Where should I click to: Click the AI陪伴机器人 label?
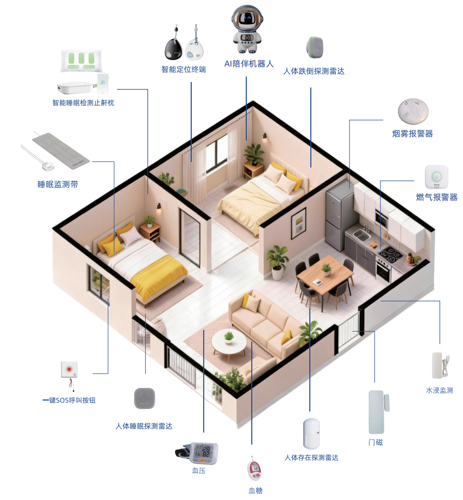click(249, 64)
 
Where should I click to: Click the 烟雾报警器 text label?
click(412, 133)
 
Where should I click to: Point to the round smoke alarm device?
click(413, 111)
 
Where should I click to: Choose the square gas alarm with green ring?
click(436, 177)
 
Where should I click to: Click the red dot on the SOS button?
click(69, 369)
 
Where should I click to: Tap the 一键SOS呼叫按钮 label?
click(69, 400)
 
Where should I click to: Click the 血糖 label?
click(255, 490)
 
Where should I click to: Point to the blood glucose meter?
click(255, 469)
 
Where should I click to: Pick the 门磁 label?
click(375, 442)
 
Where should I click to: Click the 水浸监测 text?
click(439, 390)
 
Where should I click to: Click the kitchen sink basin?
click(362, 235)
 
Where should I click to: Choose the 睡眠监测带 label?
click(58, 184)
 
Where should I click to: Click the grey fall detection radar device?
click(315, 47)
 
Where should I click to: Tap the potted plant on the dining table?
click(326, 269)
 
